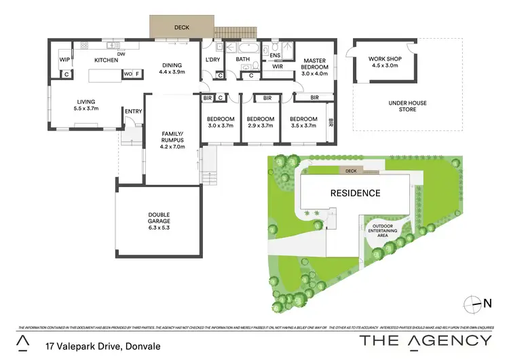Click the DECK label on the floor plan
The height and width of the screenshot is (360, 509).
click(182, 28)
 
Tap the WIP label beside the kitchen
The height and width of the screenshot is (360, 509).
click(65, 60)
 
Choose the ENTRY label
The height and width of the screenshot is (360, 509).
click(132, 111)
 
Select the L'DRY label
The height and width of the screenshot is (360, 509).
click(213, 60)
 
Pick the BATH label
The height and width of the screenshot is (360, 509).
click(243, 60)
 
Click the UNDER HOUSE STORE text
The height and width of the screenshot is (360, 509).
click(407, 107)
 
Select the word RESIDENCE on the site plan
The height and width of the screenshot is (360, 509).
click(355, 193)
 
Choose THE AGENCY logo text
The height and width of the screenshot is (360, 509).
click(426, 340)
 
